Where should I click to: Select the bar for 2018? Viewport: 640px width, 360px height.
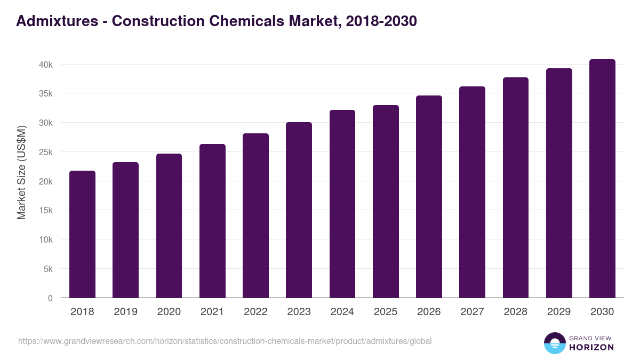click(x=82, y=235)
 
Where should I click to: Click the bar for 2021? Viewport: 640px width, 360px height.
click(x=212, y=221)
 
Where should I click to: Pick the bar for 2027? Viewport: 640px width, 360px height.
click(x=472, y=192)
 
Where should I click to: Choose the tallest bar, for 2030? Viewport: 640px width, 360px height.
click(x=602, y=179)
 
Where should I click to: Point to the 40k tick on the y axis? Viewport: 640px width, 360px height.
click(x=46, y=65)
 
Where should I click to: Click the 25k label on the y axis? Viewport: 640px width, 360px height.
click(x=46, y=152)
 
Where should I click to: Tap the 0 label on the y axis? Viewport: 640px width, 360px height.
click(x=50, y=298)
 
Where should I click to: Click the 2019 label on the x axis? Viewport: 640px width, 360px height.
click(x=125, y=312)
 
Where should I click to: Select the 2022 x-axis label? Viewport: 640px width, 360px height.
click(x=255, y=312)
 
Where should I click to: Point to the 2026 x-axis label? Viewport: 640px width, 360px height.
click(x=429, y=312)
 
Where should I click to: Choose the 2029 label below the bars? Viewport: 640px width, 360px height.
click(x=559, y=312)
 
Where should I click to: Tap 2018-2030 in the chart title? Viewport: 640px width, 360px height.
click(x=381, y=21)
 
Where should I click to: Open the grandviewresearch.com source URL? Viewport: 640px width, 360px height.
click(x=225, y=341)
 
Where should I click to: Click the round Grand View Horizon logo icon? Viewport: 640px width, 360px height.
click(x=554, y=343)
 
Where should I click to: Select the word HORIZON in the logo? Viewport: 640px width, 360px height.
click(x=591, y=347)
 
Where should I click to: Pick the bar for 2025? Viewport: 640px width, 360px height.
click(x=386, y=202)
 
